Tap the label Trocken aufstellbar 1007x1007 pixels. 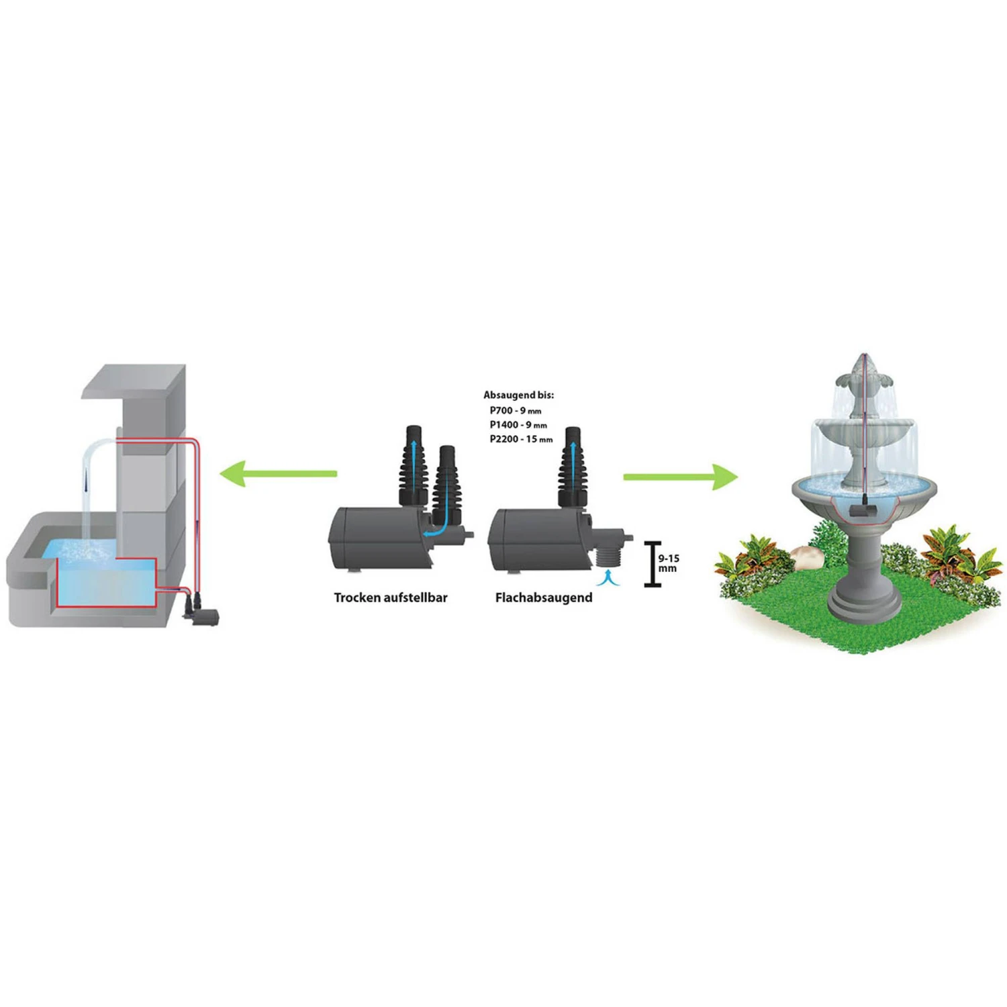point(391,597)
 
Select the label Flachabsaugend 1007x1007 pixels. point(544,597)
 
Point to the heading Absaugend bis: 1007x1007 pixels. point(518,395)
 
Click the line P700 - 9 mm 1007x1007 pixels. point(515,410)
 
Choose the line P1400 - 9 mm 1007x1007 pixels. point(518,425)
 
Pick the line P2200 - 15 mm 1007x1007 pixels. point(521,439)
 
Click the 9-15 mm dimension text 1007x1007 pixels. point(668,563)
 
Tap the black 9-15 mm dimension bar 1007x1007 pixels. point(652,564)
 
